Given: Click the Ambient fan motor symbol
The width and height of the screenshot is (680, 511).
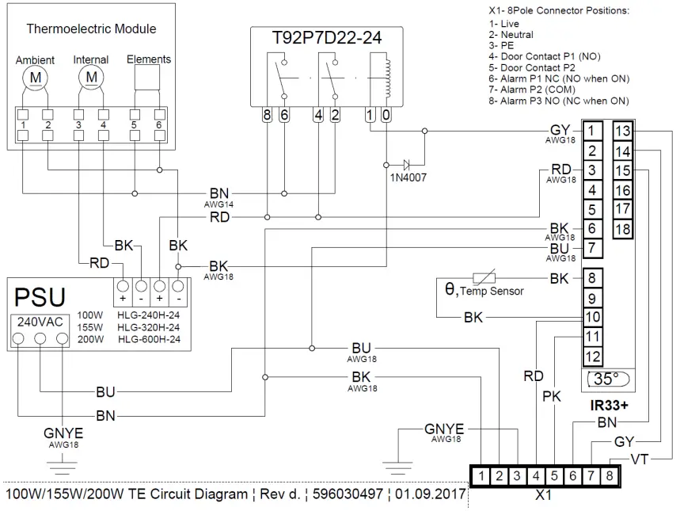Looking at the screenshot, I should tap(35, 77).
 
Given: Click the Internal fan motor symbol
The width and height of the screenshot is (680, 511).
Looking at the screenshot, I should tap(92, 77).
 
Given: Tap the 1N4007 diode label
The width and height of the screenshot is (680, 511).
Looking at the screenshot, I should tap(408, 177).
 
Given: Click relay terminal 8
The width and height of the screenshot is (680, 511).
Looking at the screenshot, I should tap(268, 115).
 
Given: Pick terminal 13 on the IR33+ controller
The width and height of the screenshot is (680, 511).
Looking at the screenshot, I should tap(623, 131).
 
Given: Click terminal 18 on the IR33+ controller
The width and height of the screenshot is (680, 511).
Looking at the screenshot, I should tap(623, 230).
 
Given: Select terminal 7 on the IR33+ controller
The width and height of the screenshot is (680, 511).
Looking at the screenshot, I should tap(592, 249).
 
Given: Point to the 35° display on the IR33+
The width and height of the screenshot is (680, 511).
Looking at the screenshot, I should tap(606, 379).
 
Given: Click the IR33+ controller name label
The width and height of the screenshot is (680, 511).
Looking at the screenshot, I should tap(609, 405).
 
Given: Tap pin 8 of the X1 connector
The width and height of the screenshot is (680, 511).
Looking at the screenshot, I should tap(609, 476).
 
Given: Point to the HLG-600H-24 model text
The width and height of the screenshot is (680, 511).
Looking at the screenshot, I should tap(150, 339).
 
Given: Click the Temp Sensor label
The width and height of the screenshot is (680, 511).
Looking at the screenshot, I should tap(492, 291).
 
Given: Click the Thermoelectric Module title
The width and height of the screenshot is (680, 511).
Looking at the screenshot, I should tap(91, 29).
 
